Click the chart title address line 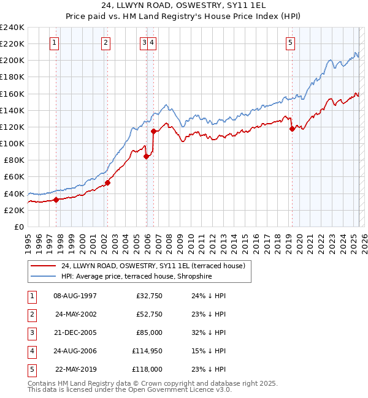(x=184, y=6)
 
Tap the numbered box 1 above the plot (x=55, y=42)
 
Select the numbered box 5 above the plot (x=289, y=42)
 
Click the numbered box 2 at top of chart (x=106, y=42)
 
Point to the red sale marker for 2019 (x=292, y=128)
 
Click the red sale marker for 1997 (x=56, y=199)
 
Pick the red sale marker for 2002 (x=107, y=182)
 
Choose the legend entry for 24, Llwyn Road (x=153, y=266)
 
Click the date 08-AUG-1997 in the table (x=75, y=296)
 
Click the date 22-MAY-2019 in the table (x=75, y=369)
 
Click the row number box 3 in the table (x=31, y=332)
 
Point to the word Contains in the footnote (x=41, y=383)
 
